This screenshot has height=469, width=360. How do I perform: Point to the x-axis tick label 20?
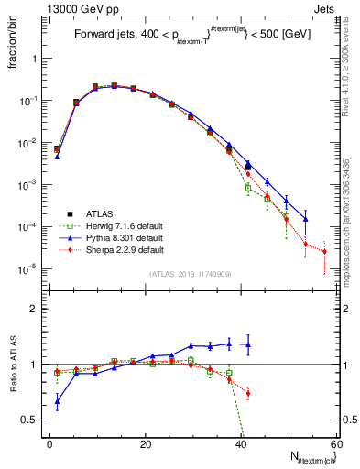(x=145, y=444)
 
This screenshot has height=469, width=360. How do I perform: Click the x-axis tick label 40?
(x=241, y=444)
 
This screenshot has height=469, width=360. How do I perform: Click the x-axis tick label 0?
(x=49, y=444)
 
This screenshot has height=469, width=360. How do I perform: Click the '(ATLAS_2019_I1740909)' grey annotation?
(x=191, y=274)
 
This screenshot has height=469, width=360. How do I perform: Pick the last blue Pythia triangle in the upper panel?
(x=306, y=219)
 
